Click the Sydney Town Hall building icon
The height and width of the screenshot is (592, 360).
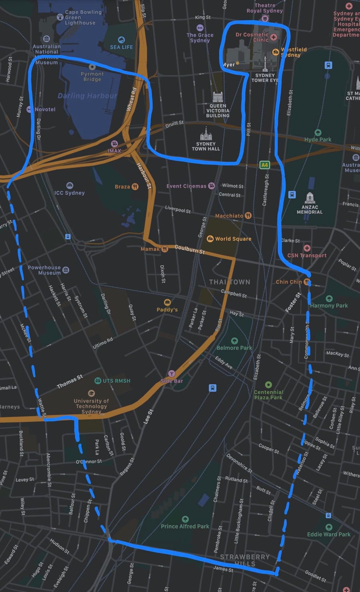click(206, 134)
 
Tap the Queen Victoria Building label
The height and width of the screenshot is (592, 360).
click(218, 111)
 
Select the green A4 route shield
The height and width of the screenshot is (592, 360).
click(264, 165)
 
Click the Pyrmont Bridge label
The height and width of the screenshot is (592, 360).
click(92, 76)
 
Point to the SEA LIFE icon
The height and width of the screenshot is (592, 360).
click(121, 40)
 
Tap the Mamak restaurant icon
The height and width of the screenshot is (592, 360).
click(164, 249)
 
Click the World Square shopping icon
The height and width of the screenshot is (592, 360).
click(210, 238)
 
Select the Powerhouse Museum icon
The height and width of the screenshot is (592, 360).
click(66, 270)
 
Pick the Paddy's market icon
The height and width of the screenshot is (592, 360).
click(167, 302)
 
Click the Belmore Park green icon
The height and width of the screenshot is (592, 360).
click(234, 341)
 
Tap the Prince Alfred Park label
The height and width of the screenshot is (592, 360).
click(185, 526)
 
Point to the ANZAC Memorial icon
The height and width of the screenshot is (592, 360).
click(310, 198)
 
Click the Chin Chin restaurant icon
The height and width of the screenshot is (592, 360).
click(307, 282)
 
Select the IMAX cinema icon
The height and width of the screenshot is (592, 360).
click(114, 144)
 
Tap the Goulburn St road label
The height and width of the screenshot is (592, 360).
click(190, 250)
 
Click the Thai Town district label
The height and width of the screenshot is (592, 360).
click(230, 282)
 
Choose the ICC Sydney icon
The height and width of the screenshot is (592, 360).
click(70, 186)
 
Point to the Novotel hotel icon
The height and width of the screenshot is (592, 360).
click(29, 109)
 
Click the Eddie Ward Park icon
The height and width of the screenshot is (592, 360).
click(329, 527)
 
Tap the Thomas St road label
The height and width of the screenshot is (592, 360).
click(70, 382)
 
